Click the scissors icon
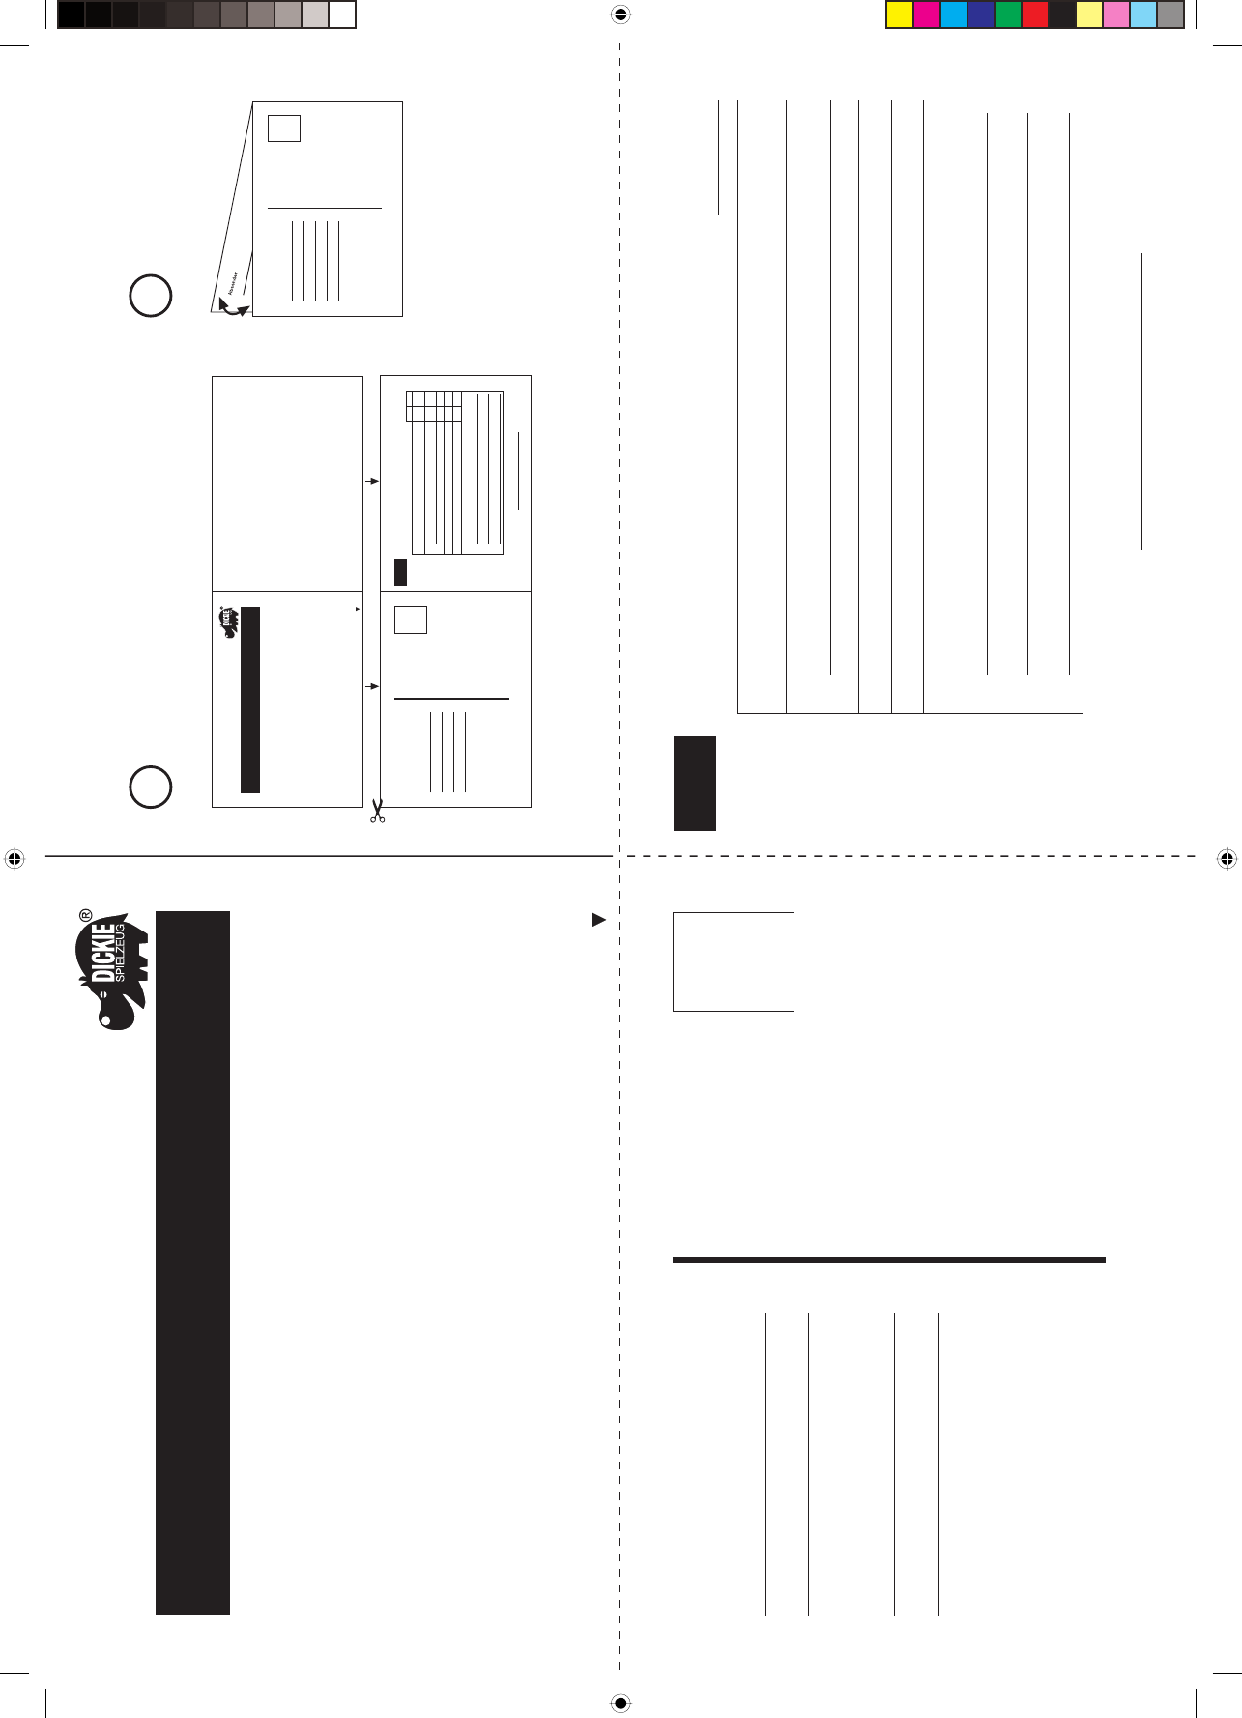(x=377, y=811)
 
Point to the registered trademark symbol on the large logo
(x=85, y=913)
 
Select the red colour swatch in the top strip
(x=1034, y=15)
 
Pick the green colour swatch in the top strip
(x=1007, y=15)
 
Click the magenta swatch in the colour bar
(x=926, y=15)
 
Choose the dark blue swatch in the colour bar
(x=980, y=15)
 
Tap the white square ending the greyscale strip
(x=342, y=15)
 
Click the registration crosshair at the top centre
(x=621, y=14)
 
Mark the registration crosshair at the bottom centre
(x=621, y=1704)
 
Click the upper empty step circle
(x=151, y=296)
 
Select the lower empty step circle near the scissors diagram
(x=151, y=787)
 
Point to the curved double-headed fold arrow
(x=233, y=307)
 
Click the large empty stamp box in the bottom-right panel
(x=733, y=961)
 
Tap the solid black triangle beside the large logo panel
(x=598, y=920)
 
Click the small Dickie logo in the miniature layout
(x=229, y=622)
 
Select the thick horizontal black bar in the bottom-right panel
(x=888, y=1260)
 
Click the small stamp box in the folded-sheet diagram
(x=284, y=129)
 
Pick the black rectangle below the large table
(x=695, y=784)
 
